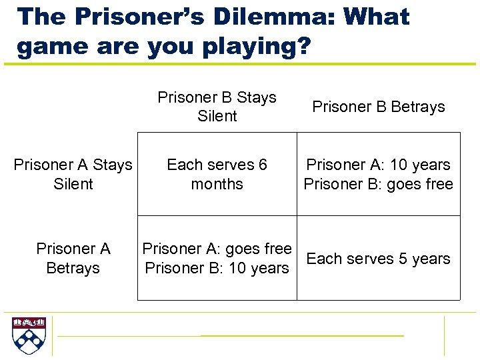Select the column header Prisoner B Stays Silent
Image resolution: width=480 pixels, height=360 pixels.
point(217,107)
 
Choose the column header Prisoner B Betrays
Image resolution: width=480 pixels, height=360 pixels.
point(378,107)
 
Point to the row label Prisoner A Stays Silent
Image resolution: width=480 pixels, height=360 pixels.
point(73,174)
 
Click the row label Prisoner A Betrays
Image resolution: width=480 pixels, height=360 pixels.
point(73,258)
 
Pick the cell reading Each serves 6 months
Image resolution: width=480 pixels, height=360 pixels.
point(217,174)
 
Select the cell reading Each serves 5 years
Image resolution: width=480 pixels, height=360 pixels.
point(378,259)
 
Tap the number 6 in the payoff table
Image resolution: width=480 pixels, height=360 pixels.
point(263,165)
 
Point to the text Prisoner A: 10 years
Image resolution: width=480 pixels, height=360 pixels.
point(378,165)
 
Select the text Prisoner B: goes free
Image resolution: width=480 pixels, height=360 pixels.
point(378,184)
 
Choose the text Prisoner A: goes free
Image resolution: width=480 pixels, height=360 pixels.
point(217,249)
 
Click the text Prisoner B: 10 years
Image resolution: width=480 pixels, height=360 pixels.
point(217,268)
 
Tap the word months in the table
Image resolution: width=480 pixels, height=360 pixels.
point(217,184)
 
